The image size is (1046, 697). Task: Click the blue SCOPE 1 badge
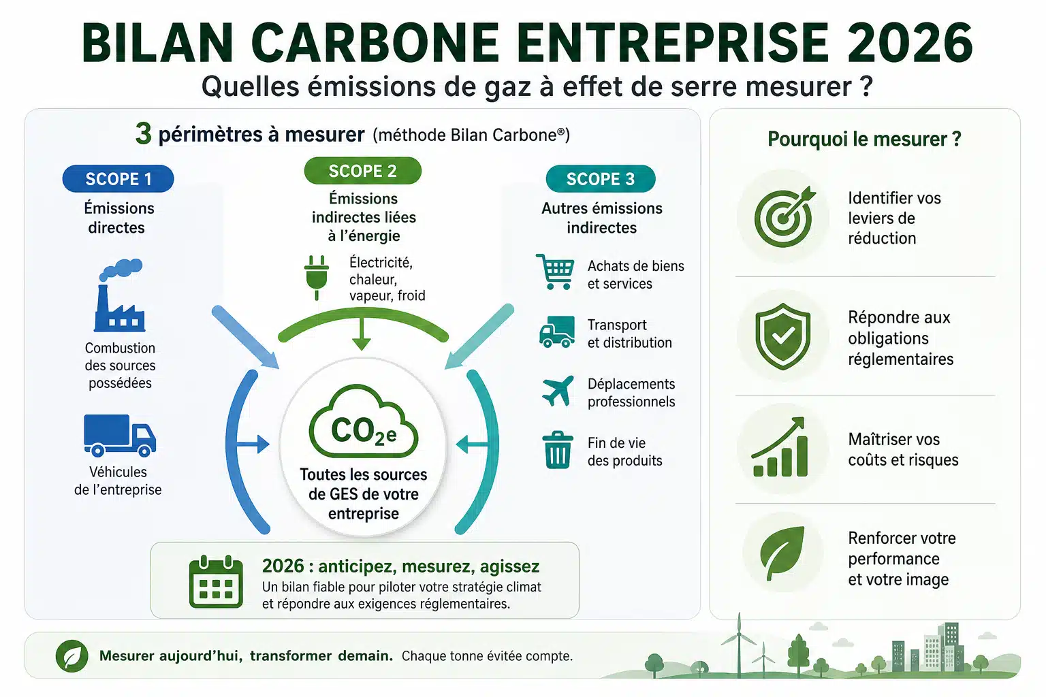pos(118,179)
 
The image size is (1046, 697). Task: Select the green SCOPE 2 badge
pos(362,171)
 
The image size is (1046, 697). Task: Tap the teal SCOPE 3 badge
pos(601,179)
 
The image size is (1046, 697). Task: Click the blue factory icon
pos(120,295)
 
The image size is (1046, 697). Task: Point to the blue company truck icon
pos(120,436)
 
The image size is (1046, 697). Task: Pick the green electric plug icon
pos(317,277)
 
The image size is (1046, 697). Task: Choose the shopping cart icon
pos(555,272)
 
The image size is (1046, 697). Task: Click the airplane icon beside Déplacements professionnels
pos(558,391)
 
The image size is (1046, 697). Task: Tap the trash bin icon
pos(558,449)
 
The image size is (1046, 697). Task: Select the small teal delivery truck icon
pos(557,332)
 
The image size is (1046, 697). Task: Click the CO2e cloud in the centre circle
pos(363,421)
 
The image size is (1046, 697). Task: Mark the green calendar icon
pos(216,581)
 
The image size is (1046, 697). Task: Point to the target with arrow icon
pos(784,216)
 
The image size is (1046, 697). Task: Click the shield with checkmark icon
pos(782,336)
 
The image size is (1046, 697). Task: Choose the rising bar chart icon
pos(779,447)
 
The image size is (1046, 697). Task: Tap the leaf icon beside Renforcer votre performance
pos(782,553)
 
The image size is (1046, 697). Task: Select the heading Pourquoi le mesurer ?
pos(864,139)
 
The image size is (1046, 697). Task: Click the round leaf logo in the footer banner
pos(72,656)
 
